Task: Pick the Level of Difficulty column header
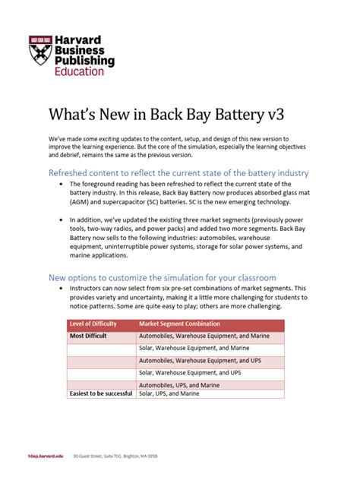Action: tap(98, 324)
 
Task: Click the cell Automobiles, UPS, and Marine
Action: tap(187, 385)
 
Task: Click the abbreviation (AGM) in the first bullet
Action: tap(81, 202)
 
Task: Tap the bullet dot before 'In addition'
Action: tap(61, 218)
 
